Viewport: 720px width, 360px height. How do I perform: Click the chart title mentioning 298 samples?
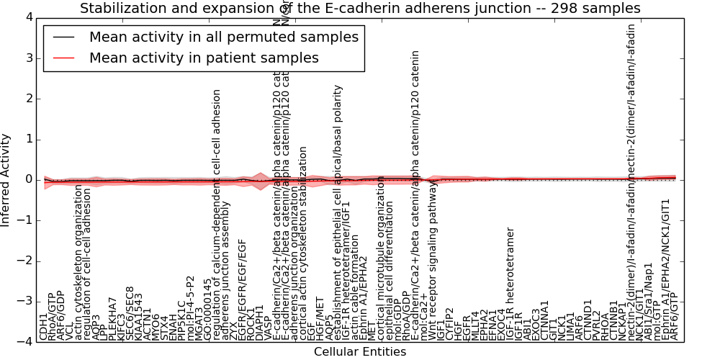pos(360,9)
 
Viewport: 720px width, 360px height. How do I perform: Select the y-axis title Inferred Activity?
pos(6,180)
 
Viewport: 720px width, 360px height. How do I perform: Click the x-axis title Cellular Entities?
pos(360,352)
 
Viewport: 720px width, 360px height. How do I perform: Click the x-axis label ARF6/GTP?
pos(674,321)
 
